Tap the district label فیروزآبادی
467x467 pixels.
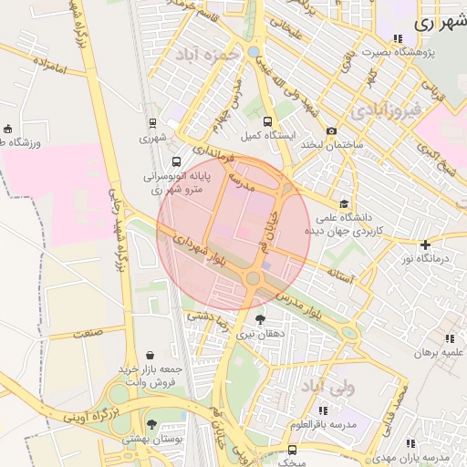coord(387,109)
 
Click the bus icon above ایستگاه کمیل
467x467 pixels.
coord(267,121)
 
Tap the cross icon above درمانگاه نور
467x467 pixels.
coord(425,244)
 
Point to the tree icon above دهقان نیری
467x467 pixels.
coord(262,319)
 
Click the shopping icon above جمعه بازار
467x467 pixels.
coord(150,355)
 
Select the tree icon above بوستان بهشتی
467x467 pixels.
coord(151,424)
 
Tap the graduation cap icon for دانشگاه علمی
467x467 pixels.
coord(343,204)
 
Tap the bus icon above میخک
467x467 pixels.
coord(292,450)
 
